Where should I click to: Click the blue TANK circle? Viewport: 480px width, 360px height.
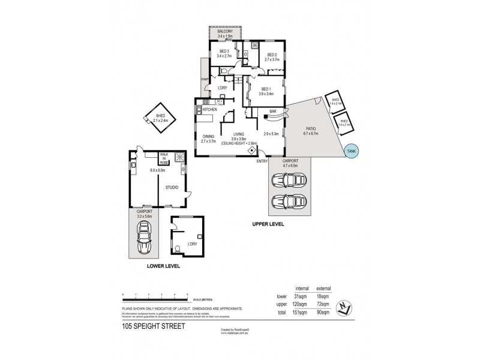pyautogui.click(x=351, y=152)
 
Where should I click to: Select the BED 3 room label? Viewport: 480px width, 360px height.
pyautogui.click(x=224, y=52)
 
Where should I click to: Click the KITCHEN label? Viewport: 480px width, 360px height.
pyautogui.click(x=209, y=110)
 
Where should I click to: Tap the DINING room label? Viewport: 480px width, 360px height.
pyautogui.click(x=208, y=136)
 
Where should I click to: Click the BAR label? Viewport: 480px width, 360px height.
pyautogui.click(x=273, y=111)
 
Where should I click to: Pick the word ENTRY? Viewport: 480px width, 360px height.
pyautogui.click(x=262, y=161)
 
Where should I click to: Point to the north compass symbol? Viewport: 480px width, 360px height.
pyautogui.click(x=341, y=306)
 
